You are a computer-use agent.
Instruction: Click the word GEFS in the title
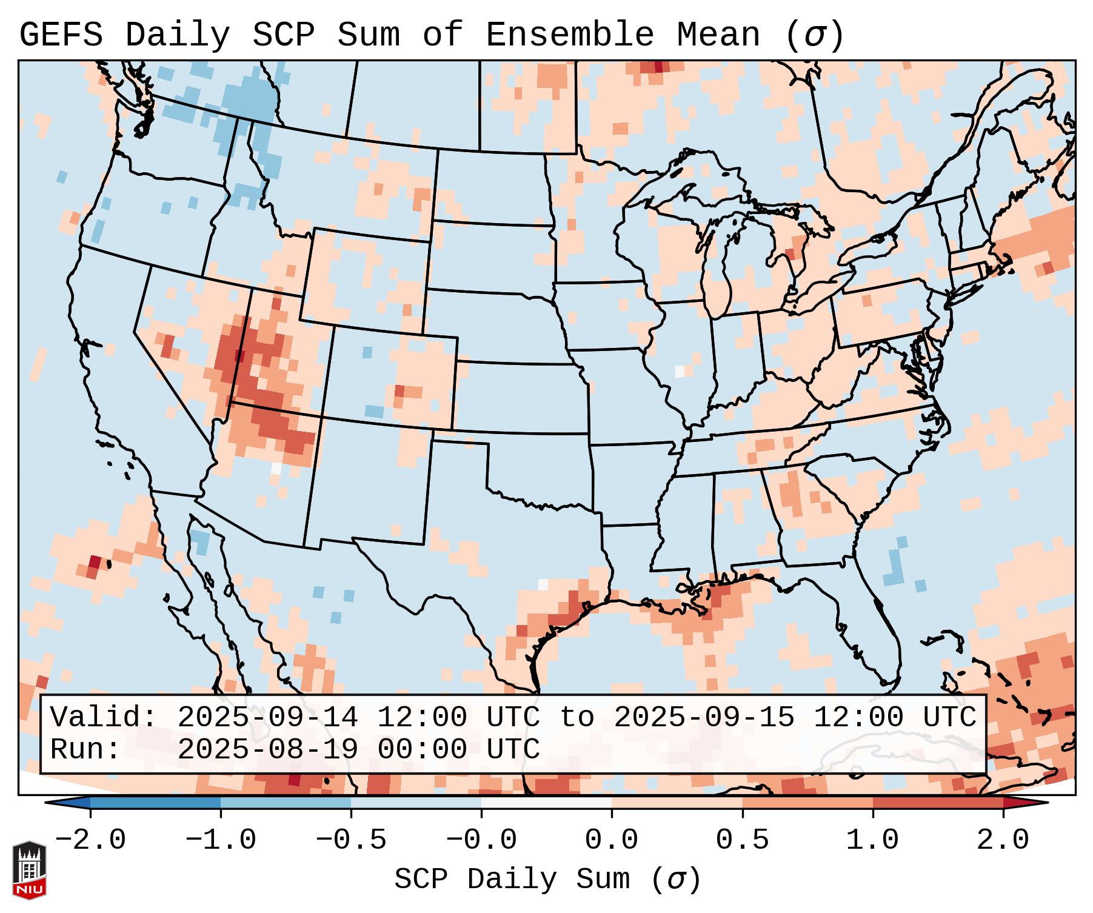tap(61, 35)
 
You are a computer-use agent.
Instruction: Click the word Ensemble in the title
tap(569, 35)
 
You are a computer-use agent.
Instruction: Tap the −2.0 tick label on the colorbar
tap(90, 840)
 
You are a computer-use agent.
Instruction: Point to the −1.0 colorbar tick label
tap(221, 840)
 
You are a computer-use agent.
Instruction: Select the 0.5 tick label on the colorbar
tap(742, 840)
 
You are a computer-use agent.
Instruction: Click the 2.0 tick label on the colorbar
tap(1003, 840)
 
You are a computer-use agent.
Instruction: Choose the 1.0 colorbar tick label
tap(872, 840)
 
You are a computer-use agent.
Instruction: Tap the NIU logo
tap(29, 870)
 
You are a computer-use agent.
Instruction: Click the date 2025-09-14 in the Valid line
tap(267, 718)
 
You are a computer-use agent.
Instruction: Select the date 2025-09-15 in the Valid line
tap(704, 718)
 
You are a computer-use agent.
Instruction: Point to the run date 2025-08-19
tap(267, 749)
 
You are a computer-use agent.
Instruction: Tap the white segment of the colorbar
tap(546, 802)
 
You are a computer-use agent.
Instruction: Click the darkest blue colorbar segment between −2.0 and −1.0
tap(155, 802)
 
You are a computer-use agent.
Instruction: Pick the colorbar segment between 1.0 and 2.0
tap(938, 802)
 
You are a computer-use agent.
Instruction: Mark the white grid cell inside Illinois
tap(680, 371)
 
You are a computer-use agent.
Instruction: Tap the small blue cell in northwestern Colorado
tap(367, 352)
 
